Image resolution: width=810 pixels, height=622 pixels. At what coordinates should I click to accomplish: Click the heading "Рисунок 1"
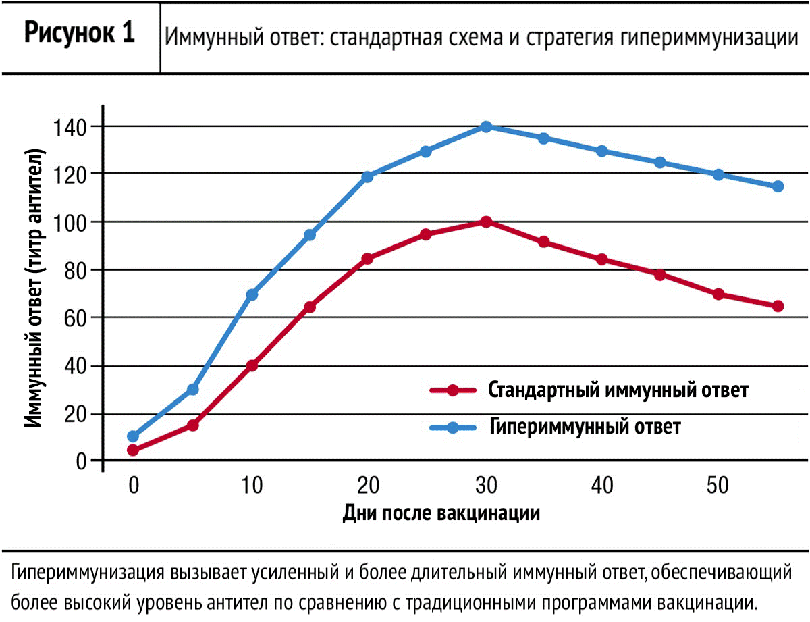[x=80, y=33]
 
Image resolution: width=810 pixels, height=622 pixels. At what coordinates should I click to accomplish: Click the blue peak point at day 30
[x=486, y=127]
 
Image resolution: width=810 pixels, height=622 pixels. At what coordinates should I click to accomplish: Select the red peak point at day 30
[x=486, y=222]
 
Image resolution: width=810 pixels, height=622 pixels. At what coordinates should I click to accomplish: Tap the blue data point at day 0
[x=133, y=436]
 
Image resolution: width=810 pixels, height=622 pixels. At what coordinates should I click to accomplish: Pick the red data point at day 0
[x=133, y=450]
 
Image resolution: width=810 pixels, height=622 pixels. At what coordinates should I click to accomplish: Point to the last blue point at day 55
[x=778, y=186]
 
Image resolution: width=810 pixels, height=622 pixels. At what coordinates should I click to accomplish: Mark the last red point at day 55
[x=778, y=306]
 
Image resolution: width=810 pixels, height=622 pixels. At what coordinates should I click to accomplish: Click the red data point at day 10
[x=252, y=365]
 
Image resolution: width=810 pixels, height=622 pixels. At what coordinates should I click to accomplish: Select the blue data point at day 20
[x=368, y=176]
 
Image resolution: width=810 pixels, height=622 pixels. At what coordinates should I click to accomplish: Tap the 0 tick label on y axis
[x=81, y=462]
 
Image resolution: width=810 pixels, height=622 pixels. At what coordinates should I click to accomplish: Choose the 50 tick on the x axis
[x=718, y=485]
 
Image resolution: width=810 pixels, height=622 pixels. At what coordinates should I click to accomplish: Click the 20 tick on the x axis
[x=369, y=485]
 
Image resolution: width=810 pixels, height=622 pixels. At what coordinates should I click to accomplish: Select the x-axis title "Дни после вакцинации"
[x=441, y=513]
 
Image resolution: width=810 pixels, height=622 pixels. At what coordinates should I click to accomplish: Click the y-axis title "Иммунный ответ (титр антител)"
[x=34, y=288]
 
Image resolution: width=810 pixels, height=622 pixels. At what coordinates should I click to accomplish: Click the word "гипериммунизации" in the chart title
[x=709, y=38]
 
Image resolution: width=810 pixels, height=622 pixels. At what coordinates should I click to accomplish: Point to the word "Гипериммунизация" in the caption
[x=87, y=573]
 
